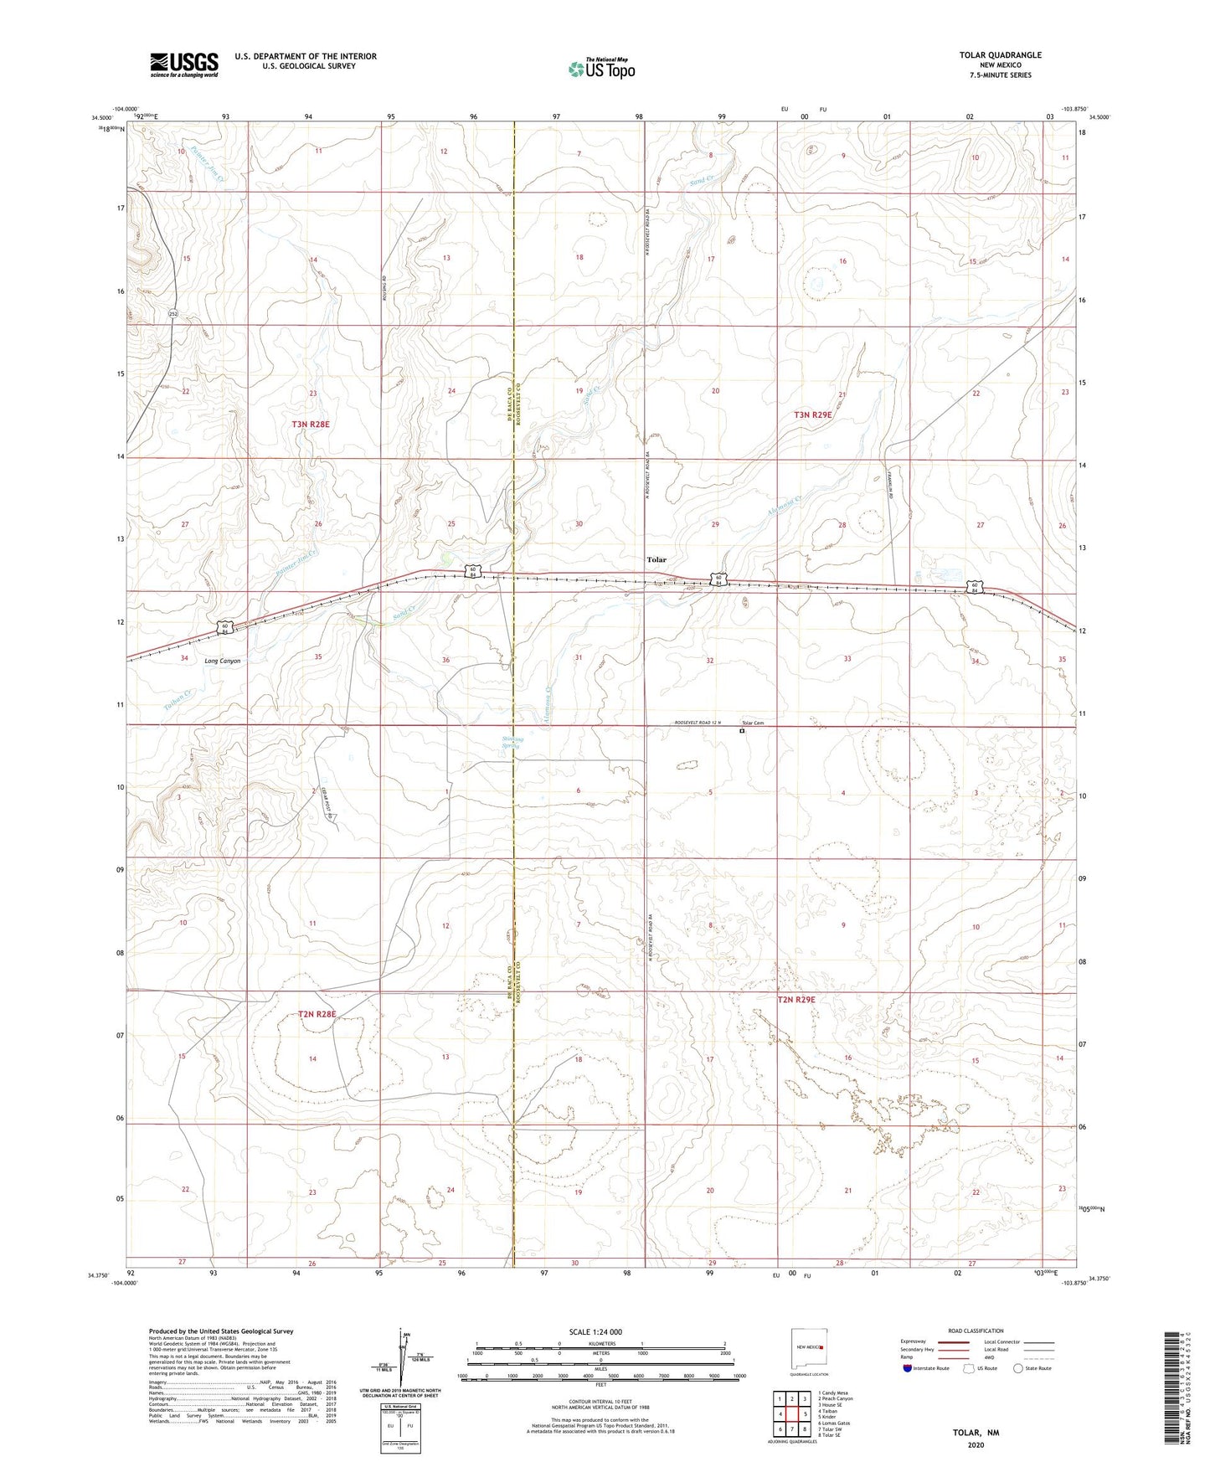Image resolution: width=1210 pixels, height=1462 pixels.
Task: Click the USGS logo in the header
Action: point(184,64)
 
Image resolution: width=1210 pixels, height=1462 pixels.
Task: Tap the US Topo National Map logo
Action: point(601,69)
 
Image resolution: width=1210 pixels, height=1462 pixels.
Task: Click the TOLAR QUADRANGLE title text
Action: point(1000,55)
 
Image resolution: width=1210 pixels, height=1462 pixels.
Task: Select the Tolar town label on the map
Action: point(656,559)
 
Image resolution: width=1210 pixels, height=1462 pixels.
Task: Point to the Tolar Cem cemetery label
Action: point(753,723)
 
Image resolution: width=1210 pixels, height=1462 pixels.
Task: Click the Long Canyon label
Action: point(222,661)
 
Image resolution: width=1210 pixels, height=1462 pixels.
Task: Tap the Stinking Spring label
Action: point(512,742)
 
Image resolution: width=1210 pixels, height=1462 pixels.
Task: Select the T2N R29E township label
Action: point(796,1000)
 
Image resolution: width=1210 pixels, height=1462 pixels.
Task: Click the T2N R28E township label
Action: point(317,1014)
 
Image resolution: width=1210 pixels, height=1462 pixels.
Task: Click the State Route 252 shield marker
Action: point(172,313)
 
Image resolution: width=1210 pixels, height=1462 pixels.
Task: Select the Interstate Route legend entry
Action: point(925,1368)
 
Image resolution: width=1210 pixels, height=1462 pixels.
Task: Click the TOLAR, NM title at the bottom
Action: point(976,1433)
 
